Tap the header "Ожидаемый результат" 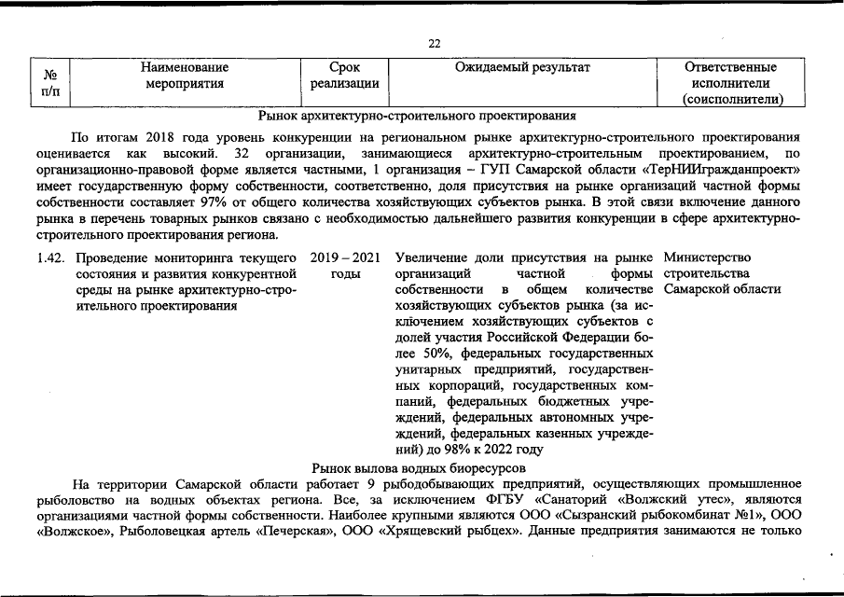pos(522,68)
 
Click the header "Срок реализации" pos(344,76)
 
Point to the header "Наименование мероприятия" pos(185,76)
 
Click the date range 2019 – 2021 pos(344,257)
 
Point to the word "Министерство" pos(708,257)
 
